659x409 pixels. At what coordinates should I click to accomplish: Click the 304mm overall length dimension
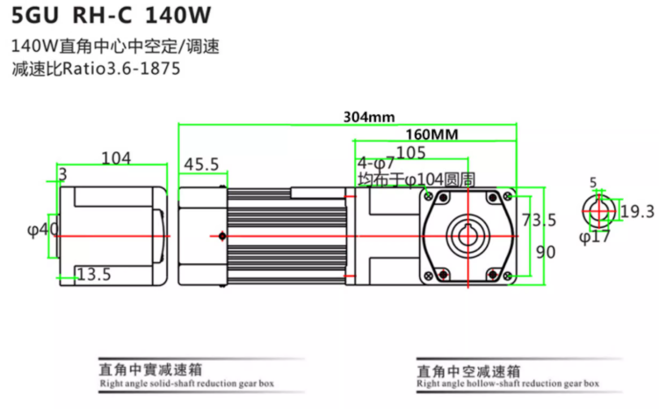pyautogui.click(x=368, y=116)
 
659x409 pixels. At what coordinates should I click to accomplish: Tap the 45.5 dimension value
pyautogui.click(x=201, y=164)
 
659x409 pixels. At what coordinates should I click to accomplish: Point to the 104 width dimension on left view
pyautogui.click(x=116, y=158)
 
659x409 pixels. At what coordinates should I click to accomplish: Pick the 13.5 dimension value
pyautogui.click(x=94, y=274)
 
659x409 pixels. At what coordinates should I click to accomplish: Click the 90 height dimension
pyautogui.click(x=545, y=252)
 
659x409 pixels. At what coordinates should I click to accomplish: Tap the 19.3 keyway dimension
pyautogui.click(x=637, y=211)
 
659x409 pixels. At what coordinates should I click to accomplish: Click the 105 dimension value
pyautogui.click(x=410, y=152)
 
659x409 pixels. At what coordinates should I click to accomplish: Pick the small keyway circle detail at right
pyautogui.click(x=597, y=211)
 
